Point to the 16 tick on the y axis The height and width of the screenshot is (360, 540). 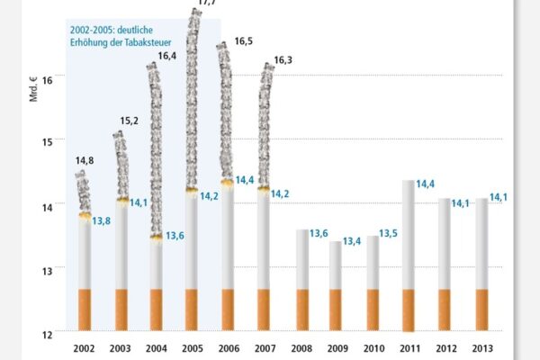pos(48,78)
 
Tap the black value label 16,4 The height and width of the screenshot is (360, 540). pos(166,56)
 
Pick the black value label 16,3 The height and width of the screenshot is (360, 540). pos(283,60)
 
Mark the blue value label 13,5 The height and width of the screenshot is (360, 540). pos(389,234)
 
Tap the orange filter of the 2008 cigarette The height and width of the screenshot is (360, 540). pos(303,309)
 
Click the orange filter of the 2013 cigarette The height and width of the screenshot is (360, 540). pos(481,309)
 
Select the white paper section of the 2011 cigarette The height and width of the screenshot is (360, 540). pos(409,234)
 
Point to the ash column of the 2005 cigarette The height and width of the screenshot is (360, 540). pos(192,99)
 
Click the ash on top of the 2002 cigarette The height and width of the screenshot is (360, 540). pos(82,193)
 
